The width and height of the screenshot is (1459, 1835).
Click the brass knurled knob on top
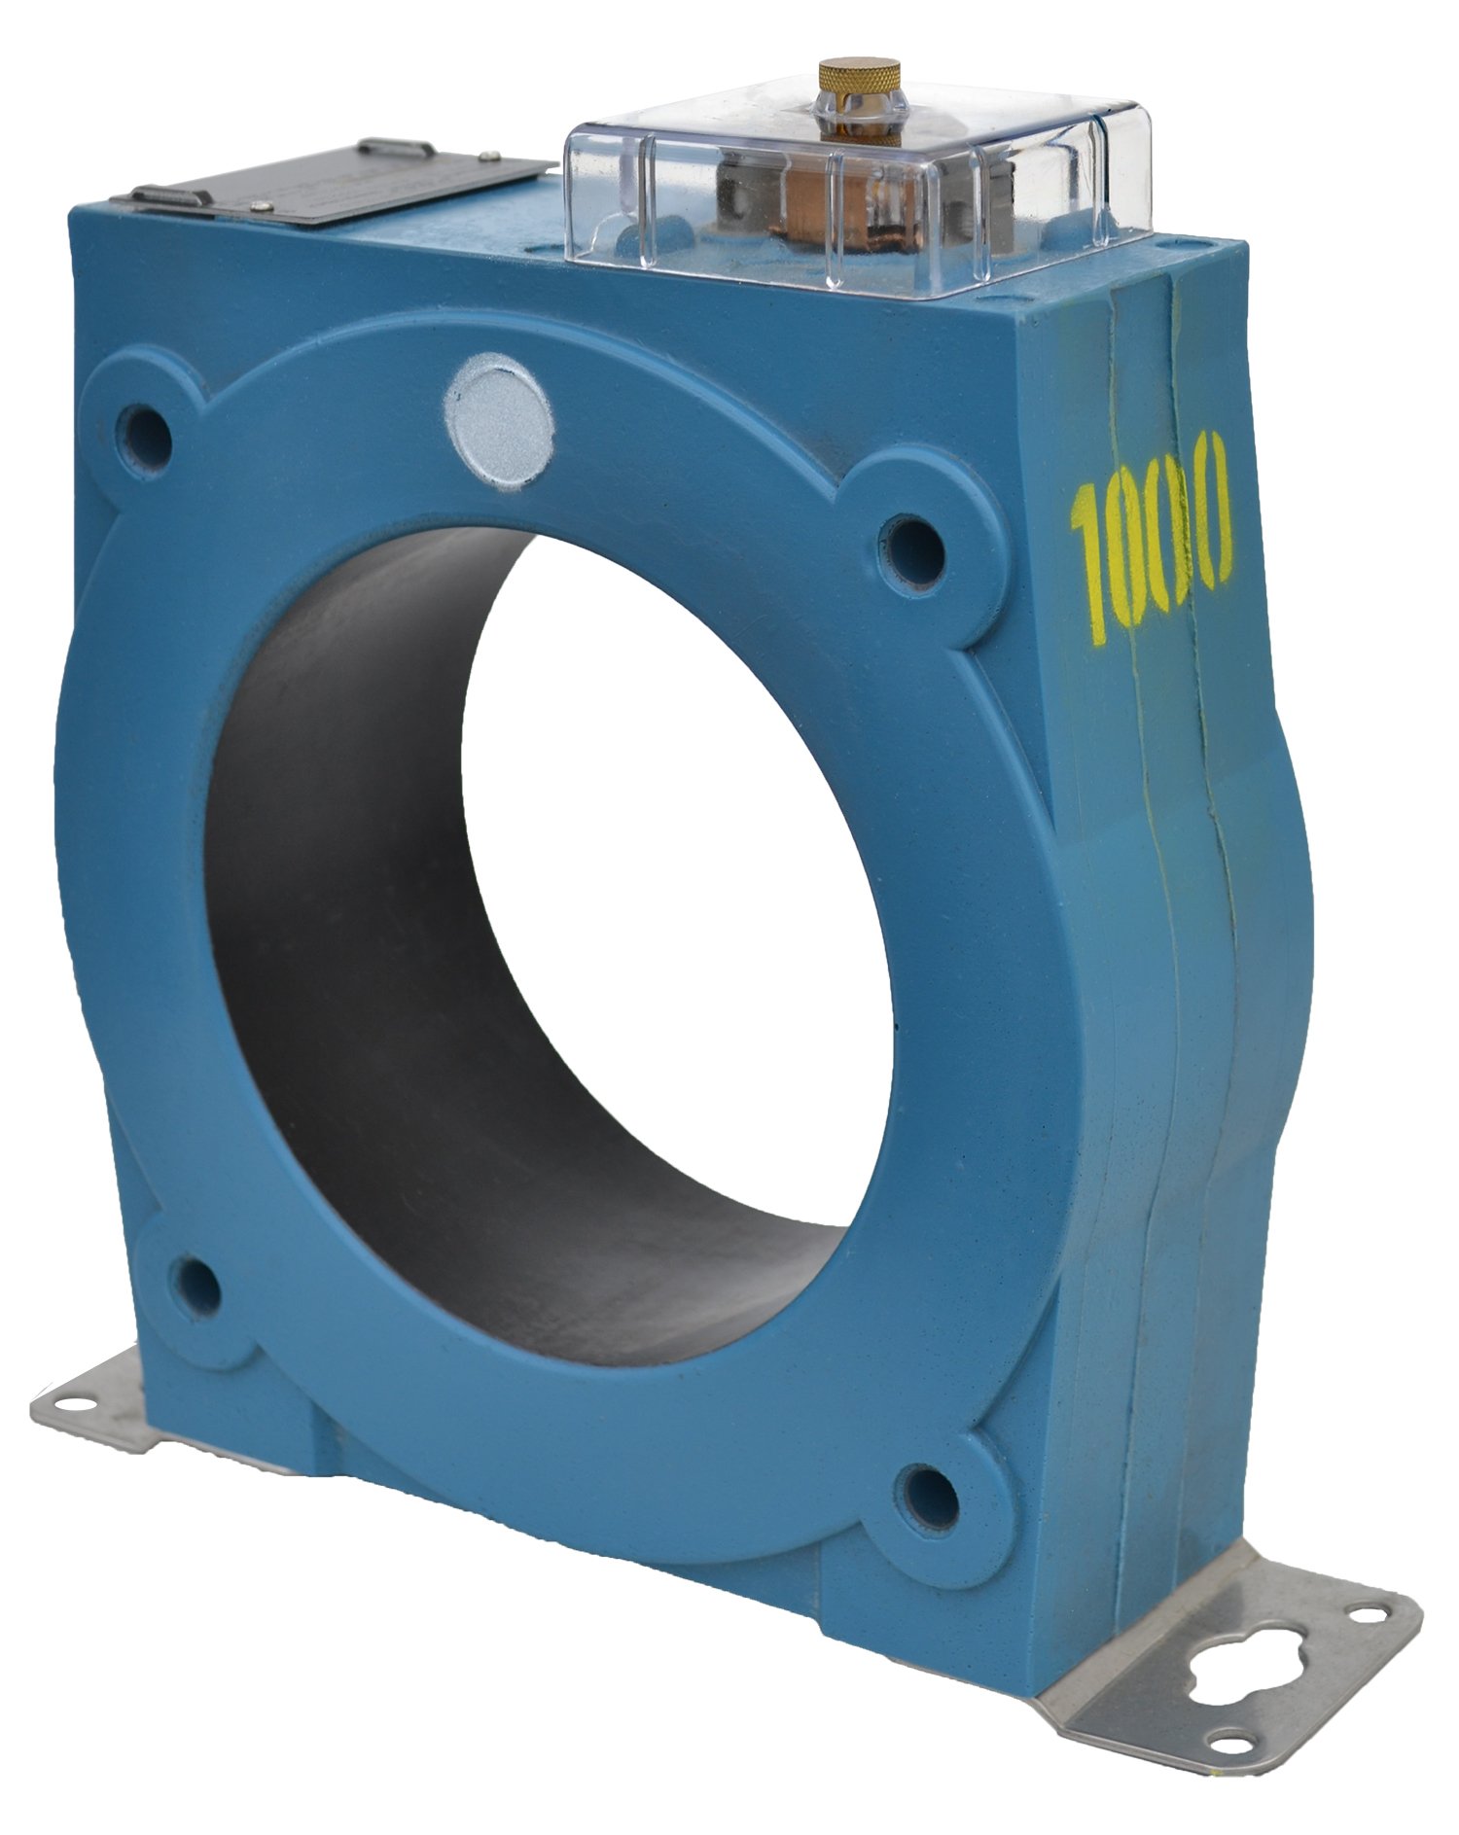(x=859, y=79)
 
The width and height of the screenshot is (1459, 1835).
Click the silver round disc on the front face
(x=498, y=420)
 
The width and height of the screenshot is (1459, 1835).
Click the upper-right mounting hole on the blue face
(x=913, y=550)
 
